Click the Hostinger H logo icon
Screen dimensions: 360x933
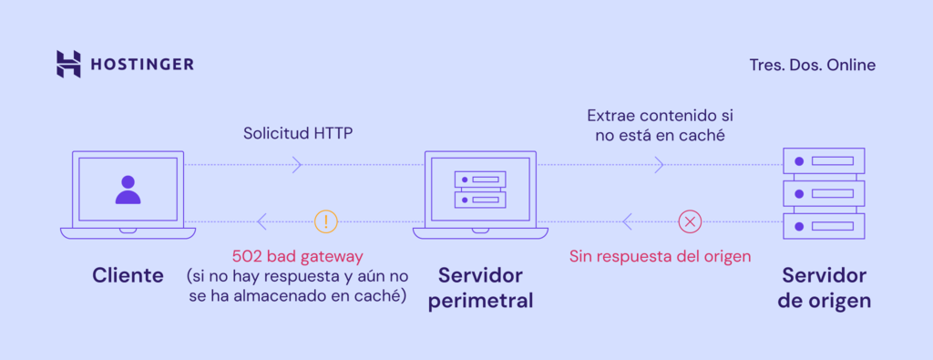[x=68, y=64]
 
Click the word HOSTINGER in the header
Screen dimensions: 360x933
[x=141, y=65]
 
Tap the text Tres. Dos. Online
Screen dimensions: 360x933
[x=811, y=65]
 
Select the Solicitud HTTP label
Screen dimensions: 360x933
[x=297, y=133]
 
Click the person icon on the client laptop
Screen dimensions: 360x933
[x=128, y=189]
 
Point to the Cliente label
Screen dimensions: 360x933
[x=128, y=274]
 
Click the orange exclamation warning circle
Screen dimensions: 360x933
[x=325, y=221]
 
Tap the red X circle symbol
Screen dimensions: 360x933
[x=690, y=221]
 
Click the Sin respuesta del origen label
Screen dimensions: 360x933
[x=660, y=256]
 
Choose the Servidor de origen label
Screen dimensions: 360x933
[x=825, y=287]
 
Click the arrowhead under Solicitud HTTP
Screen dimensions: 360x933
[x=297, y=165]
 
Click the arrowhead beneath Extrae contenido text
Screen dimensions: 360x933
[x=660, y=165]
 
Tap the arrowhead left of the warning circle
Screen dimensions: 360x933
[x=262, y=221]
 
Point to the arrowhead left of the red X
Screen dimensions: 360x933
[x=627, y=221]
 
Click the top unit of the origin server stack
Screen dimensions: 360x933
[x=825, y=161]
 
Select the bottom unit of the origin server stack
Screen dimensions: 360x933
[x=825, y=225]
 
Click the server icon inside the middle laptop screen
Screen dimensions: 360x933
[x=479, y=188]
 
